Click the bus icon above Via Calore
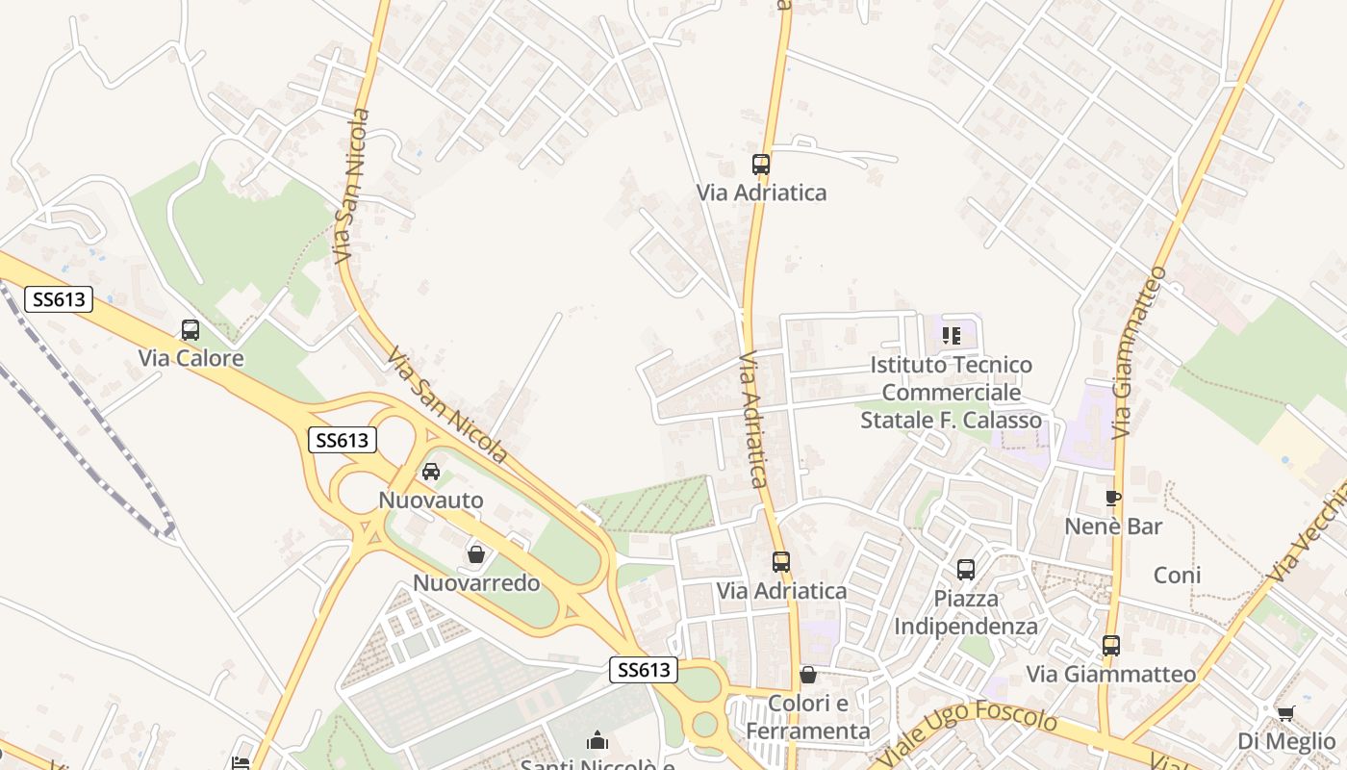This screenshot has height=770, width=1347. point(191,330)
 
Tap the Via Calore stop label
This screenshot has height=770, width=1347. point(191,358)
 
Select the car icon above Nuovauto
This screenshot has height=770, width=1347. point(431,472)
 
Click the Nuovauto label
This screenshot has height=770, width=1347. point(431,500)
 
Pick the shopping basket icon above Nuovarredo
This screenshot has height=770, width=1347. point(475,554)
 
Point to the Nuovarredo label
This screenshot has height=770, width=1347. point(476,583)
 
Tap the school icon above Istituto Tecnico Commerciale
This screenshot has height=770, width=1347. point(951,336)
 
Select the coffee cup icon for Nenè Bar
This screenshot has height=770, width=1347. point(1113,498)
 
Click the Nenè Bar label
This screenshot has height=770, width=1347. point(1113,526)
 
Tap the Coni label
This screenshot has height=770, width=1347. point(1177,576)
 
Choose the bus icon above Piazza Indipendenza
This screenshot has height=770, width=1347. point(966,570)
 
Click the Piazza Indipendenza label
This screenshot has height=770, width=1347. point(966,612)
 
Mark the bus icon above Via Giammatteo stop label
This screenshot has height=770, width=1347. point(1111,645)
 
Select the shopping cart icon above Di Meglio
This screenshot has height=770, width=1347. point(1285,713)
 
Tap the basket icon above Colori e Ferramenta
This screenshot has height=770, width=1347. point(808,675)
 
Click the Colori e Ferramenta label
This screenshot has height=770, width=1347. point(808,717)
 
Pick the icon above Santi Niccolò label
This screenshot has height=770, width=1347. point(597,740)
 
